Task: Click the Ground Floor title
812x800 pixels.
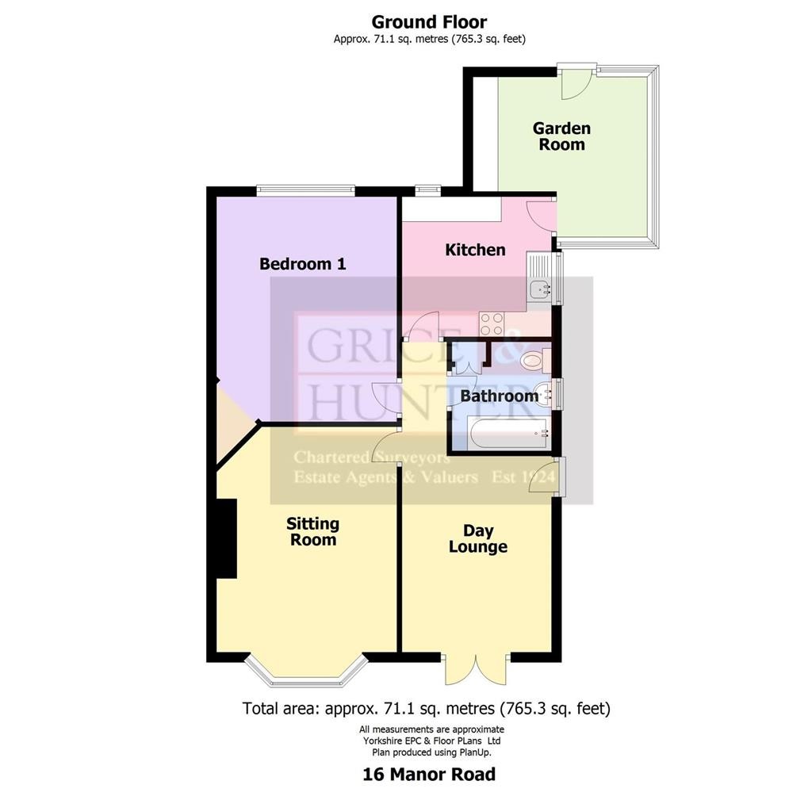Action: tap(429, 22)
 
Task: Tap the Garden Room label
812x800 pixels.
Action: tap(562, 136)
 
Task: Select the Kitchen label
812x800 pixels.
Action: tap(476, 250)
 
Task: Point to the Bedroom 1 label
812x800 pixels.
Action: tap(302, 264)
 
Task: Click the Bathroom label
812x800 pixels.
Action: tap(500, 396)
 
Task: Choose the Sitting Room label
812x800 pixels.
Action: tap(313, 532)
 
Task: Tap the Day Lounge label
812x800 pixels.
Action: tap(478, 538)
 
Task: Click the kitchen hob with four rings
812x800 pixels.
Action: tap(492, 323)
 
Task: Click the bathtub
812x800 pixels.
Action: tap(508, 434)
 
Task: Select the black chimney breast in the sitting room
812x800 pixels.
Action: tap(226, 538)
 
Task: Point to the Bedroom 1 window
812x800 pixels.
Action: tap(305, 190)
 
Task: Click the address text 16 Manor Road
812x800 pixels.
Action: tap(429, 775)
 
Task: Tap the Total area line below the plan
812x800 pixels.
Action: tap(426, 708)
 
